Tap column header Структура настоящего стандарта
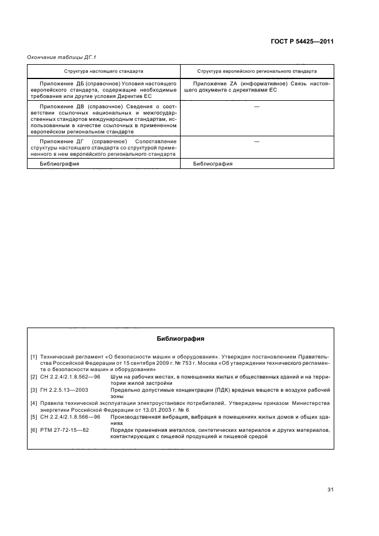[104, 72]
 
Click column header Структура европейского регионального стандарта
[256, 72]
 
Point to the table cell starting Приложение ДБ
[104, 89]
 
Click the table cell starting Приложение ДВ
[104, 119]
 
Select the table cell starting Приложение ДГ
[104, 148]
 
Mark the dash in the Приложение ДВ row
[256, 107]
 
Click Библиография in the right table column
[213, 163]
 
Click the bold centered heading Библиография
[180, 339]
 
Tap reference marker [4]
[34, 403]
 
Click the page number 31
[330, 489]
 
